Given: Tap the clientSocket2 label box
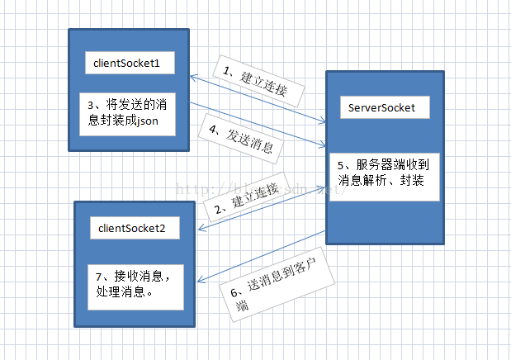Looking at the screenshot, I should pos(132,229).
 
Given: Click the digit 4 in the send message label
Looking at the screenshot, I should pos(211,128).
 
